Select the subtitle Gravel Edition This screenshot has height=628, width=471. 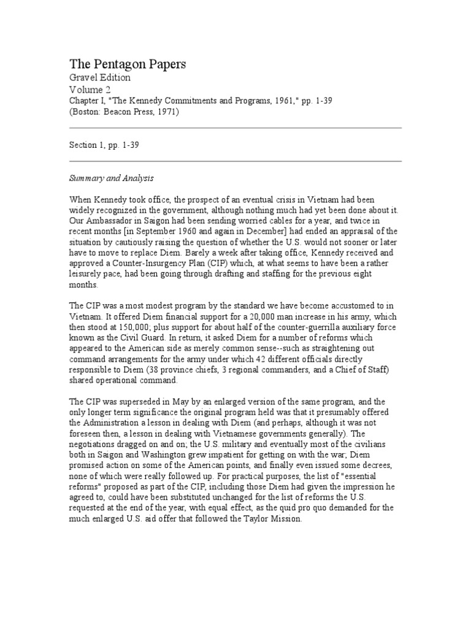(99, 78)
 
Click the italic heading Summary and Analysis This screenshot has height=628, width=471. (111, 178)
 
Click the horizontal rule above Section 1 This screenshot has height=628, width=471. (235, 128)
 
